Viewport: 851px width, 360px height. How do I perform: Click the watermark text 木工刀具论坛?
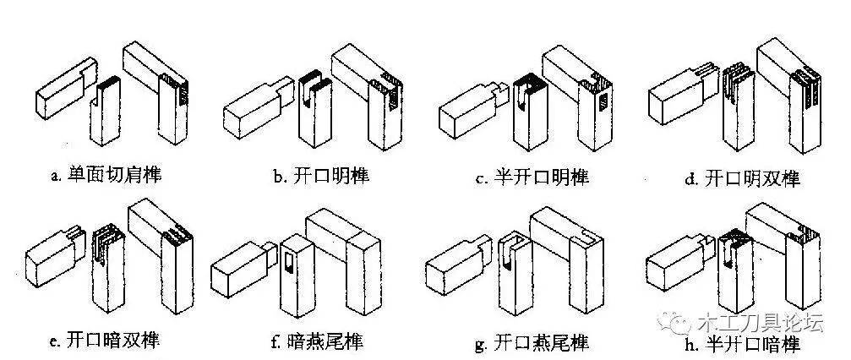tap(756, 324)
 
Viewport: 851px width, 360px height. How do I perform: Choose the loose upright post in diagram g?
tap(511, 275)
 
